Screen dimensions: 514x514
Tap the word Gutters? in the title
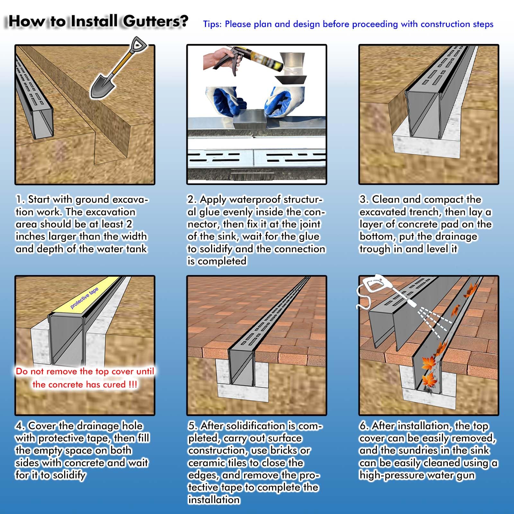tap(155, 21)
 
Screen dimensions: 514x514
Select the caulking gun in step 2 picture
tap(238, 61)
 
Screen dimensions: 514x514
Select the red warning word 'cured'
tap(114, 385)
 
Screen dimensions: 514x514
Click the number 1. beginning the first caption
tap(20, 199)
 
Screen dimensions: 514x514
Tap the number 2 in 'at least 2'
tap(129, 224)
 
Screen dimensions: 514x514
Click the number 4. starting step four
tap(20, 426)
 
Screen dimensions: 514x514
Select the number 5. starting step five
tap(193, 426)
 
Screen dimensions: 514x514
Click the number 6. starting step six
tap(364, 426)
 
